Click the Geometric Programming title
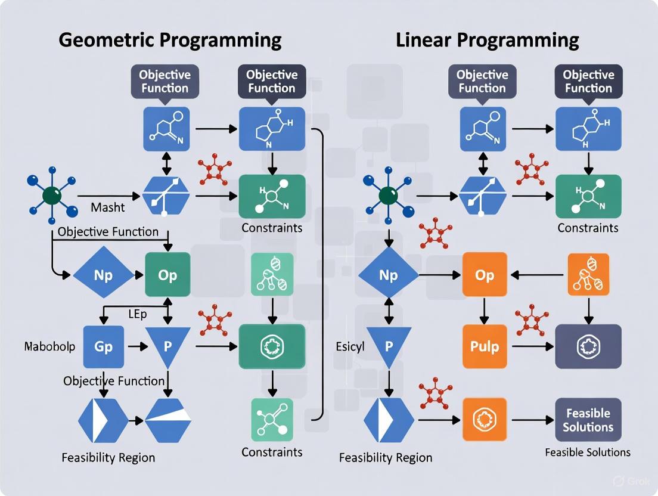(170, 40)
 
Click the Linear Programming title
(487, 40)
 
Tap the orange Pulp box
(485, 346)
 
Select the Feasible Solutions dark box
(588, 420)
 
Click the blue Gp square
(103, 346)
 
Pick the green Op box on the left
(167, 275)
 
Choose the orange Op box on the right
(485, 275)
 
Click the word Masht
(108, 207)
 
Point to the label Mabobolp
(49, 346)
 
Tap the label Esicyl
(350, 346)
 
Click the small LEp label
(137, 314)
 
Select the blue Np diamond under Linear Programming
(388, 275)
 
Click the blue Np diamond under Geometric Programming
(103, 275)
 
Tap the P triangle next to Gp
(167, 345)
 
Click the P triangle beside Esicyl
(388, 345)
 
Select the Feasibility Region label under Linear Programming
(386, 458)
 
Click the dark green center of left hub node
(52, 195)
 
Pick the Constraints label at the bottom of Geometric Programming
(271, 452)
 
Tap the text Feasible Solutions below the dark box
(588, 452)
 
